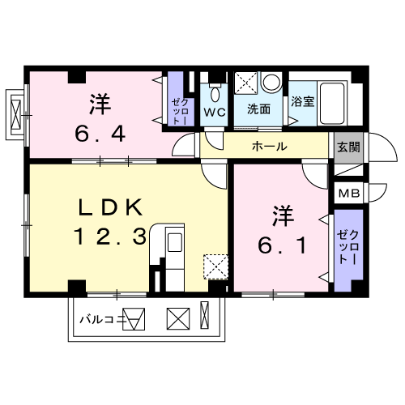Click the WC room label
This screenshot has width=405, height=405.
pyautogui.click(x=215, y=113)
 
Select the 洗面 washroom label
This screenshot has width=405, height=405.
pyautogui.click(x=258, y=109)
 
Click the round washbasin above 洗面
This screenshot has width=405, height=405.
pyautogui.click(x=271, y=82)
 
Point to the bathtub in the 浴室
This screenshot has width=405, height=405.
pyautogui.click(x=332, y=104)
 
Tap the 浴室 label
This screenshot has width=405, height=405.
pyautogui.click(x=303, y=101)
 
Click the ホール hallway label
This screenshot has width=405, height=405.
pyautogui.click(x=270, y=147)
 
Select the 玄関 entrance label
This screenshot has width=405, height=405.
pyautogui.click(x=348, y=147)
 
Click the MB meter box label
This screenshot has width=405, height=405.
pyautogui.click(x=349, y=194)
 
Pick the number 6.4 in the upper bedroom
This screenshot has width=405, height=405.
pyautogui.click(x=100, y=134)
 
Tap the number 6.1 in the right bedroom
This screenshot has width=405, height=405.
pyautogui.click(x=282, y=245)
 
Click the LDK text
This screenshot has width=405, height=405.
pyautogui.click(x=110, y=207)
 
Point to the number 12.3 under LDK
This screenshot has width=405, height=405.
pyautogui.click(x=110, y=237)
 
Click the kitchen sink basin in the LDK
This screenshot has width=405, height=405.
pyautogui.click(x=175, y=242)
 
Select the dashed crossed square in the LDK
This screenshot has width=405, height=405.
pyautogui.click(x=215, y=266)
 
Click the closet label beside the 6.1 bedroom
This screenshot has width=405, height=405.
pyautogui.click(x=348, y=247)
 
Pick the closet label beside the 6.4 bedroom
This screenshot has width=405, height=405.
pyautogui.click(x=181, y=112)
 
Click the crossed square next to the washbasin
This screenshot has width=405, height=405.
pyautogui.click(x=245, y=83)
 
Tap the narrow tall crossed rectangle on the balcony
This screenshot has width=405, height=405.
pyautogui.click(x=204, y=315)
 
